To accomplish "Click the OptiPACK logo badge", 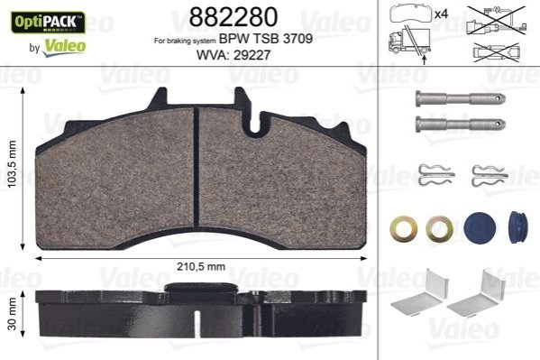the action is click(x=48, y=22).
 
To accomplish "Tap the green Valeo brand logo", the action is click(x=64, y=47).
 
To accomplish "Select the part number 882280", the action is click(x=233, y=16).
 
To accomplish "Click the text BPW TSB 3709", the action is click(x=266, y=39).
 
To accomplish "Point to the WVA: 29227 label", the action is click(x=233, y=55).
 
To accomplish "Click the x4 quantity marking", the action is click(x=441, y=14).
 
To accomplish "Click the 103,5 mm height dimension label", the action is click(x=13, y=164).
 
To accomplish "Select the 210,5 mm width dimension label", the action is click(x=201, y=266).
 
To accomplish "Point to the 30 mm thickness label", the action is click(x=13, y=314).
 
